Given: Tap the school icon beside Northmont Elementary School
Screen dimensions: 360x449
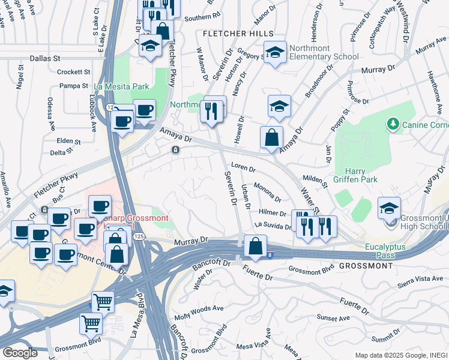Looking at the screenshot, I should point(276,53).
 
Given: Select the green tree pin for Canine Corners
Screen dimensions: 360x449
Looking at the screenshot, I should point(394,124).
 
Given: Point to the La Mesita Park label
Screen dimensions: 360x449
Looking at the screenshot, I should point(121,86).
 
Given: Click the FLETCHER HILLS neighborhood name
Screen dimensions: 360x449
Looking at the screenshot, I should point(238,33).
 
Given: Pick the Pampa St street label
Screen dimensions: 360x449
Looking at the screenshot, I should point(70,86).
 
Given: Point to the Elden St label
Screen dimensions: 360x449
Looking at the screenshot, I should point(68,142).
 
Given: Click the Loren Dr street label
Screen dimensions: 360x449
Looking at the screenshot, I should point(244,168).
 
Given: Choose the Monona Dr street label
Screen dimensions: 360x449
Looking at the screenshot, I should point(267,191).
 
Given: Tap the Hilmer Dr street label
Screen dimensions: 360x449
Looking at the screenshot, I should point(273,212).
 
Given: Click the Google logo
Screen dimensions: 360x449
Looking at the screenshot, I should point(20,353).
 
